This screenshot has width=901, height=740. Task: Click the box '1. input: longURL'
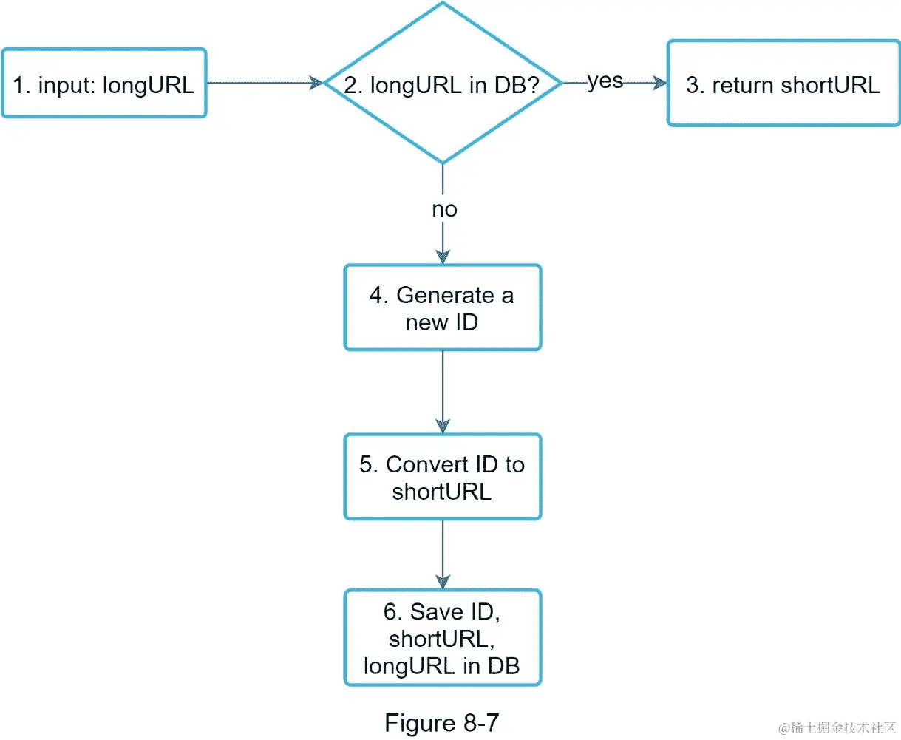[103, 84]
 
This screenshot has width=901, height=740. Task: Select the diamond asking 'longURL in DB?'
[442, 84]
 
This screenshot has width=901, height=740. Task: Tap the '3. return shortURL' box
[783, 84]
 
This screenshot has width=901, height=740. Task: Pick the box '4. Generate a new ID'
[442, 308]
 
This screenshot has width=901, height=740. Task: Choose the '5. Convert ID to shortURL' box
[442, 477]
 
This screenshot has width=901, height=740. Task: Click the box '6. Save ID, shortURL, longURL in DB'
[442, 638]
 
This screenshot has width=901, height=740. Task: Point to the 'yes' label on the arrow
[605, 81]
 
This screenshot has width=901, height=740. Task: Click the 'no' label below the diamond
[444, 209]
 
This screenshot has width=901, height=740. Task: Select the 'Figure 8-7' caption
[441, 722]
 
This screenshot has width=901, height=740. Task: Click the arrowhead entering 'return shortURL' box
[659, 84]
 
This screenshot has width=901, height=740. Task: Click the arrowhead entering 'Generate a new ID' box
[442, 257]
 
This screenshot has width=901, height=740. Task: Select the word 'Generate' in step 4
[445, 295]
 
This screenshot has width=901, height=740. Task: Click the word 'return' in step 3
[743, 85]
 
